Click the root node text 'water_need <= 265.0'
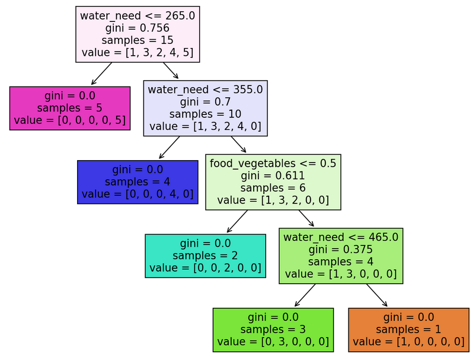(137, 16)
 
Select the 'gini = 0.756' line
(137, 28)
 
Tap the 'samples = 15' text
(137, 40)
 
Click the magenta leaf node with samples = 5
(70, 108)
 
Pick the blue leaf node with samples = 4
(138, 181)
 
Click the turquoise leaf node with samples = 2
(205, 256)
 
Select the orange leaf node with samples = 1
(408, 329)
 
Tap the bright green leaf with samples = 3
(273, 329)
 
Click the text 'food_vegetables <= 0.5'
(273, 163)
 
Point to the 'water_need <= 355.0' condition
(205, 90)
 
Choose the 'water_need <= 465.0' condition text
(341, 237)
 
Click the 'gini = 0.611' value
(273, 176)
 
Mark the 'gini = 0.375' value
(341, 250)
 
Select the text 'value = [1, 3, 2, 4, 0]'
(205, 126)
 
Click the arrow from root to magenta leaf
(101, 74)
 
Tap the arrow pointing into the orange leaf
(376, 295)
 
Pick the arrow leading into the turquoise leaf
(237, 221)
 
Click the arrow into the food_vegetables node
(238, 144)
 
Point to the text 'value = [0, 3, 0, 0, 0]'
(273, 342)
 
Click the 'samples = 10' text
(205, 114)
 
